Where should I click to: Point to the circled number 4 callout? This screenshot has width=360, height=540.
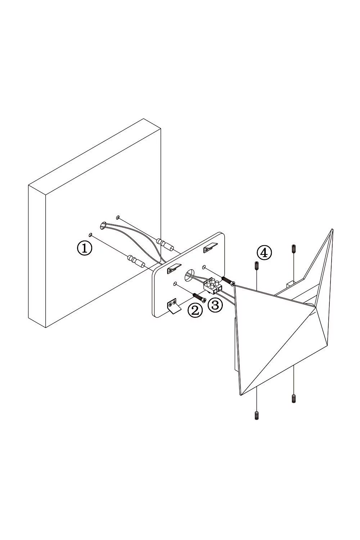(264, 253)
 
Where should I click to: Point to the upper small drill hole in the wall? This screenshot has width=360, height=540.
(118, 217)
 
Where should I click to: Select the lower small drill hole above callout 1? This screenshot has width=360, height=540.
(91, 235)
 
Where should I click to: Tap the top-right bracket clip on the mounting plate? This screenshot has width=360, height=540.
(210, 248)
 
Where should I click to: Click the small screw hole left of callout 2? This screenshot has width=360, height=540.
(175, 284)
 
